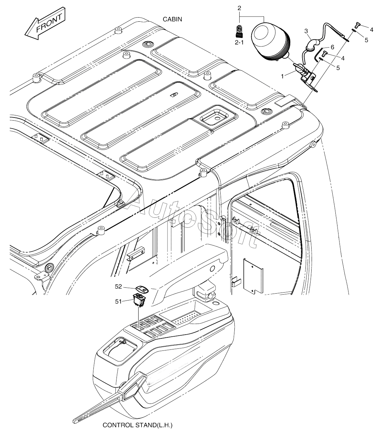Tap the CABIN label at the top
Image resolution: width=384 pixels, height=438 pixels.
173,19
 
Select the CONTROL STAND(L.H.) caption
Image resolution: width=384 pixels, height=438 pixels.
137,425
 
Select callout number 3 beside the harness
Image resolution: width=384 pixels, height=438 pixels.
306,31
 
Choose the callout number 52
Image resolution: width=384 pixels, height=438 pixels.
119,286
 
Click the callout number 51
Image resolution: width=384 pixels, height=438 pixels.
119,301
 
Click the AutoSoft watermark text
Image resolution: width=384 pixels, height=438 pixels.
193,221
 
